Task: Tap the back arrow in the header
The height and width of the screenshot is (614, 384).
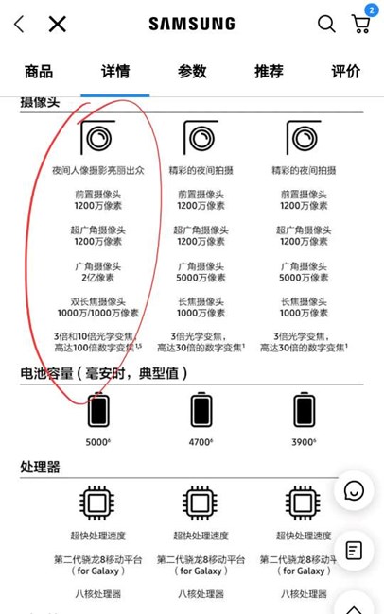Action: pyautogui.click(x=19, y=24)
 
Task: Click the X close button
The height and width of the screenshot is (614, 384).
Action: pyautogui.click(x=58, y=24)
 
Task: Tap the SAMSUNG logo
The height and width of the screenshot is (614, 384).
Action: pyautogui.click(x=192, y=24)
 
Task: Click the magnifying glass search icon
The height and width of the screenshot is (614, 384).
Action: pyautogui.click(x=326, y=24)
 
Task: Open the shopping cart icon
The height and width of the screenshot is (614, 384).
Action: pyautogui.click(x=361, y=25)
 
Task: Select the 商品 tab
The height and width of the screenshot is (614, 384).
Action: pyautogui.click(x=39, y=72)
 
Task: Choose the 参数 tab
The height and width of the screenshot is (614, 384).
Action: pyautogui.click(x=192, y=72)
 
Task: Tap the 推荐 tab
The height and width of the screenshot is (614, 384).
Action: pyautogui.click(x=269, y=72)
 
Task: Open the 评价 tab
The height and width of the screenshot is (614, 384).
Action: pyautogui.click(x=345, y=72)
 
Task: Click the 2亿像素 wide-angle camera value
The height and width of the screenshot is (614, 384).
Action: pyautogui.click(x=97, y=278)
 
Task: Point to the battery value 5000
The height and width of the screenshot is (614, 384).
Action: pyautogui.click(x=97, y=442)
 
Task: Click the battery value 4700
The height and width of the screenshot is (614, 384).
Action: pyautogui.click(x=201, y=442)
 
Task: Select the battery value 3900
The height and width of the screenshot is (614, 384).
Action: pyautogui.click(x=304, y=442)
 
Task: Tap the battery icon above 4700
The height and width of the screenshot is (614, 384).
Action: pyautogui.click(x=201, y=409)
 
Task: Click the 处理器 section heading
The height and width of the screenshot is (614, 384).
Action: pyautogui.click(x=40, y=467)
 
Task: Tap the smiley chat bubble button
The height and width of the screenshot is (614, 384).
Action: pyautogui.click(x=354, y=490)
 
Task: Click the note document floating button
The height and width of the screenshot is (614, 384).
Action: pyautogui.click(x=354, y=551)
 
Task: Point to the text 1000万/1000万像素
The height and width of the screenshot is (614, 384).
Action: pyautogui.click(x=98, y=313)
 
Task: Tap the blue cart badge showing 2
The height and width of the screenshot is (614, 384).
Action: pyautogui.click(x=372, y=10)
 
